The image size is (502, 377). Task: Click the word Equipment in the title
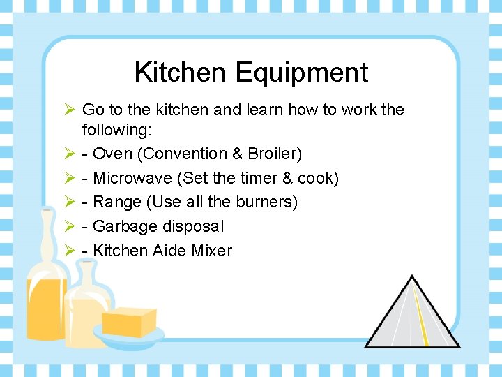tap(301, 73)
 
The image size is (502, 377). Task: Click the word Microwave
tap(132, 178)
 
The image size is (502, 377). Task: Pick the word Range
tap(116, 202)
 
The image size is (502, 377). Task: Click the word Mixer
tap(210, 251)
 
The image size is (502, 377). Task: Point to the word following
tap(112, 130)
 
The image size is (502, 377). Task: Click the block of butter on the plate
tap(129, 322)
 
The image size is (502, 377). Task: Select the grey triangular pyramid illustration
tap(412, 318)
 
